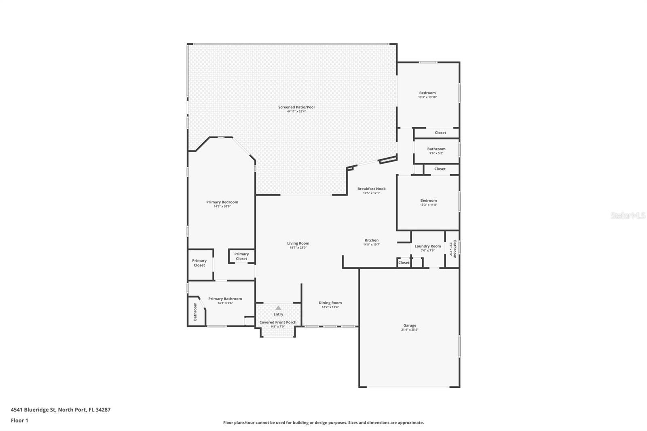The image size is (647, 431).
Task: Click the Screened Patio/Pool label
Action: pos(296,107)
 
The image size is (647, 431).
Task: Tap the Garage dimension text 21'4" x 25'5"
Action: pos(409,330)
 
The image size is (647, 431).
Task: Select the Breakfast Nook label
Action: pos(371,189)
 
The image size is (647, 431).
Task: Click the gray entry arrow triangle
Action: pos(278,308)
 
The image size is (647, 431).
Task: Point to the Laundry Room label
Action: pos(427,246)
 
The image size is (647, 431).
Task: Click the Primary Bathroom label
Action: pos(225,299)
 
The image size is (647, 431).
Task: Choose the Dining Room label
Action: pos(330,303)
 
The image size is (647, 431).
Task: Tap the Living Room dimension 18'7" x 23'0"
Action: pos(298,247)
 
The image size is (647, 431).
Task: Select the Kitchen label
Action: pos(371,240)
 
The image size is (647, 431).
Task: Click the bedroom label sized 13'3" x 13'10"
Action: pos(427,93)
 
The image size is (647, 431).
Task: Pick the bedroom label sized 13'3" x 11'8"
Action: pos(428,201)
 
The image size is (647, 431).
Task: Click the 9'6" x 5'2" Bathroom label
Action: pos(436,149)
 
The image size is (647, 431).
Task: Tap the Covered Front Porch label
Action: pos(278,322)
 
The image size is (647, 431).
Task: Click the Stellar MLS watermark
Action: pos(628,216)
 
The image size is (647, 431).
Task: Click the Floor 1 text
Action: pos(19,420)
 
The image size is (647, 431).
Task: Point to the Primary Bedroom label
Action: pos(222,202)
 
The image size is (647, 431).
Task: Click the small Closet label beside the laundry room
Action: pos(404,263)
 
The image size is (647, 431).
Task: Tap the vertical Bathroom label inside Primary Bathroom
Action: pos(195,311)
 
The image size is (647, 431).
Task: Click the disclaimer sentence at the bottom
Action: pos(323,423)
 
